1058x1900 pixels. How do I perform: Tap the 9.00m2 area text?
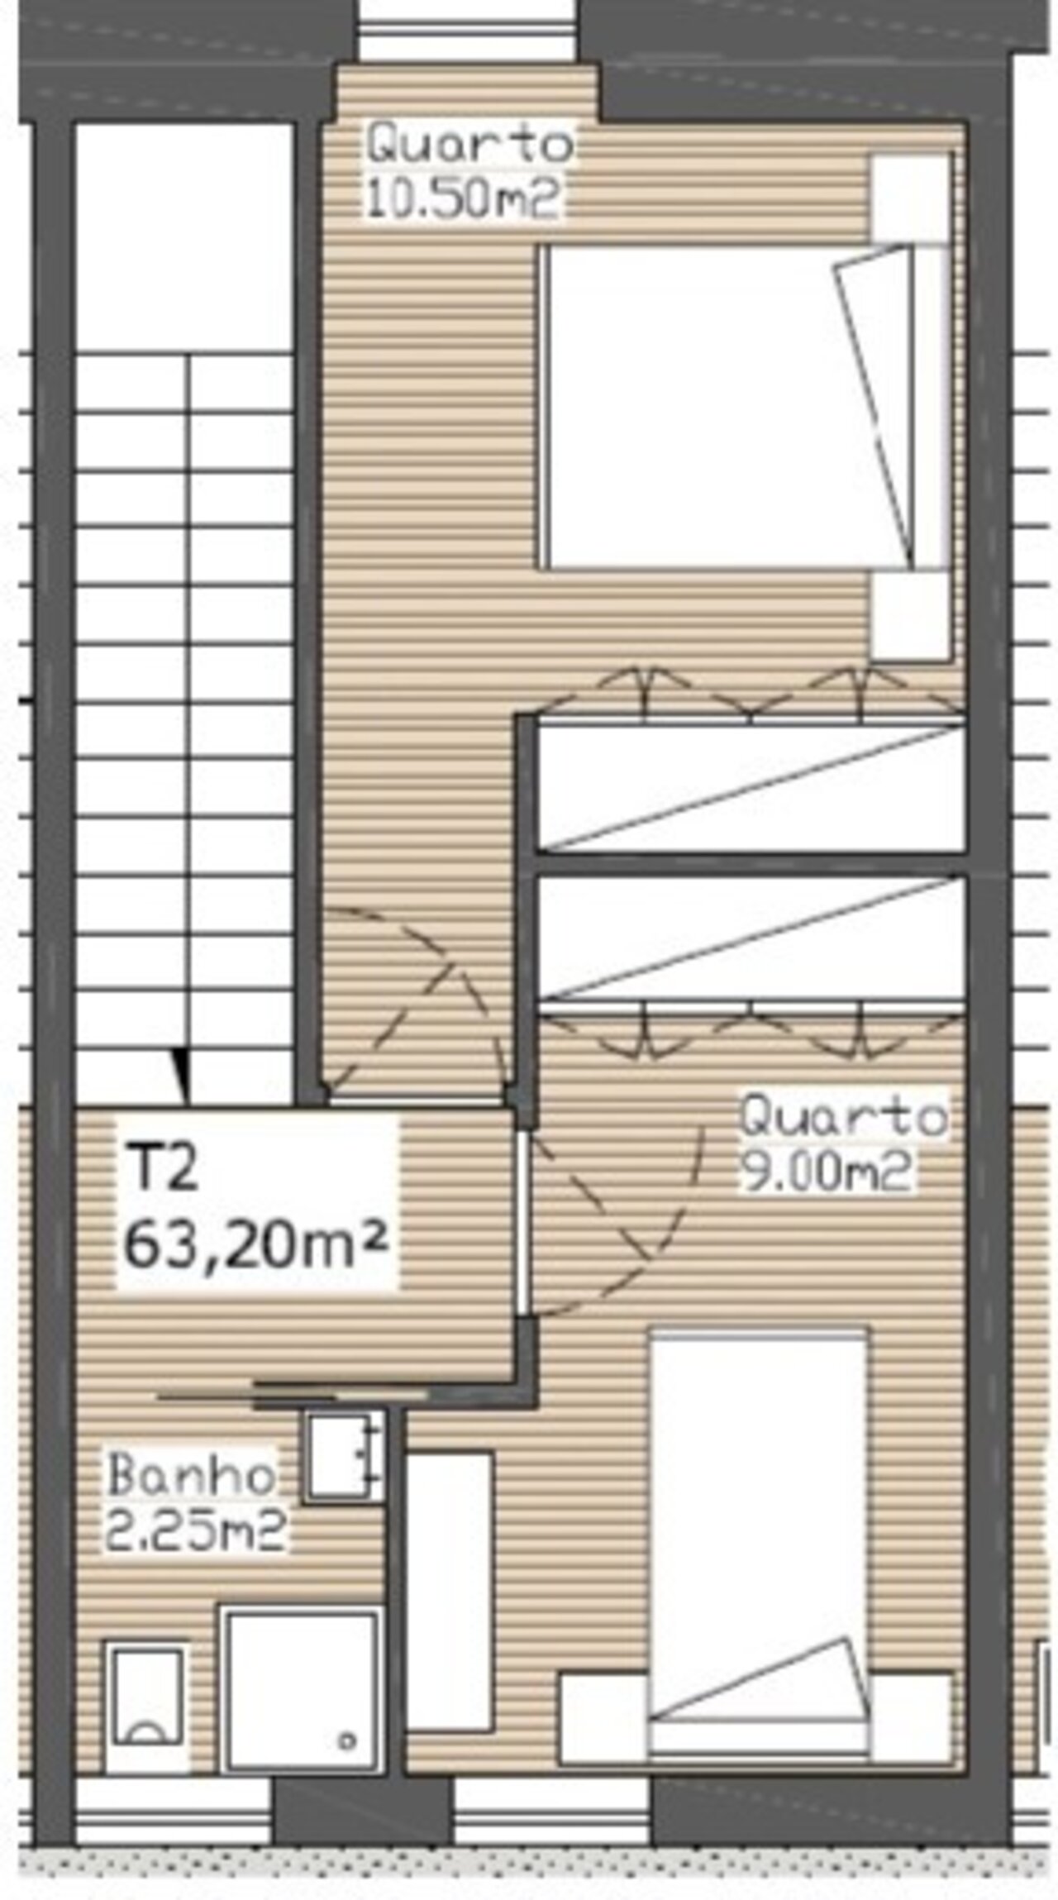coord(826,1170)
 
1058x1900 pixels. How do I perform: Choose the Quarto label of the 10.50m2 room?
coord(469,145)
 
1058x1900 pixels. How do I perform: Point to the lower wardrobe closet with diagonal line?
coord(751,939)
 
